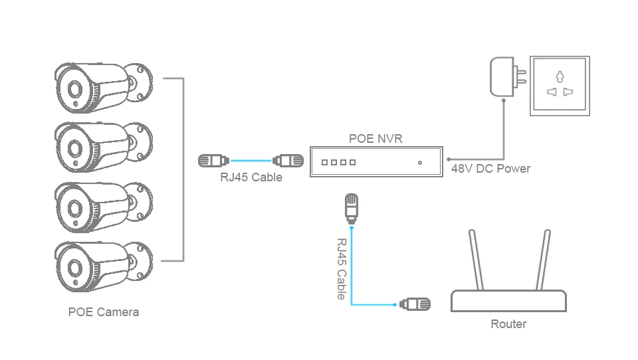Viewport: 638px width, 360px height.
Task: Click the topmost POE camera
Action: point(104,88)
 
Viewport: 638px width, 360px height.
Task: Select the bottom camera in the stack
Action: point(104,266)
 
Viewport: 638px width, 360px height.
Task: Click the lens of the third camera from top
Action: point(75,209)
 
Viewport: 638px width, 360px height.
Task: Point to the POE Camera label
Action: point(104,312)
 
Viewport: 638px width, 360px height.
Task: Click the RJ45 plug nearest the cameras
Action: point(213,161)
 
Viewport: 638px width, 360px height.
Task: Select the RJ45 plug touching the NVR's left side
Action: point(288,161)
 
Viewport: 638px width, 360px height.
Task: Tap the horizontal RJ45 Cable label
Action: point(251,177)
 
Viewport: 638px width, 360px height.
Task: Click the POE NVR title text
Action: point(375,139)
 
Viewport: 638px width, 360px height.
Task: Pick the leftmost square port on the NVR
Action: point(324,162)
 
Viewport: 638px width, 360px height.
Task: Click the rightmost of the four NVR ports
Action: point(353,162)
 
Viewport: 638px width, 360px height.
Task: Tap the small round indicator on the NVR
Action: point(420,163)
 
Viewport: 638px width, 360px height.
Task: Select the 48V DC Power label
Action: point(490,169)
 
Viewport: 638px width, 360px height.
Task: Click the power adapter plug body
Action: point(502,77)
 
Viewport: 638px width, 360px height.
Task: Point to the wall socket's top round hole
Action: point(560,76)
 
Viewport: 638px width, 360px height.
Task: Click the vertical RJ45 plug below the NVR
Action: point(352,209)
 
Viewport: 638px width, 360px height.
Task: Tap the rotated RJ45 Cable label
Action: point(342,269)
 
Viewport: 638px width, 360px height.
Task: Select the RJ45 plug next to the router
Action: point(415,304)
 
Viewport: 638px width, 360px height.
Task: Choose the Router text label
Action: point(508,324)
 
